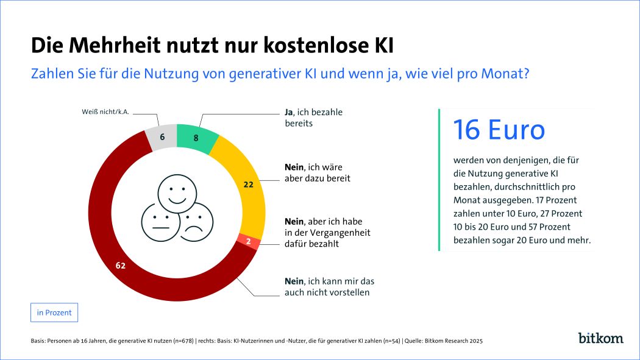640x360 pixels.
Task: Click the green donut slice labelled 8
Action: point(196,138)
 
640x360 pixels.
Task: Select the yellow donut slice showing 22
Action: point(246,183)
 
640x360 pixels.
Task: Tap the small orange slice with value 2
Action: point(249,242)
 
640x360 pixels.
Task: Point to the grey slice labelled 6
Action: point(162,137)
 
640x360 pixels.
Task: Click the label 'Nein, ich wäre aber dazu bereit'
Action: point(318,172)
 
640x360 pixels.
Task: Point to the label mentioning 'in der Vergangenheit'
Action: point(327,233)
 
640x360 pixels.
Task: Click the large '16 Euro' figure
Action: point(499,130)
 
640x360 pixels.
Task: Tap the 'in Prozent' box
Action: point(54,312)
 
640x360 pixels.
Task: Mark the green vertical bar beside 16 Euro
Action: point(439,180)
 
